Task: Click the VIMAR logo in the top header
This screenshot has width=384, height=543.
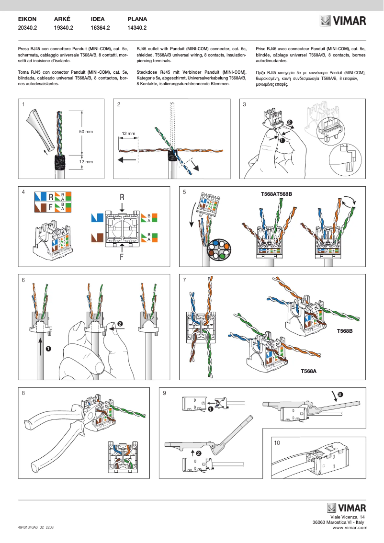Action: [343, 22]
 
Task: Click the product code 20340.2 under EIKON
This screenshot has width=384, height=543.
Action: [27, 28]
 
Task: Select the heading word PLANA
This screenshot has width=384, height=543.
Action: [137, 19]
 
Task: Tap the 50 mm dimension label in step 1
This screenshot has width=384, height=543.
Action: [86, 131]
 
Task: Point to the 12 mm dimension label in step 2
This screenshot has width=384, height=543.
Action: [128, 133]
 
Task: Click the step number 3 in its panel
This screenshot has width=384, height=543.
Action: [245, 104]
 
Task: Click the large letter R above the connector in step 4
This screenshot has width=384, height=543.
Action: [122, 198]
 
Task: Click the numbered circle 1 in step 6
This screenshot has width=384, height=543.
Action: [48, 349]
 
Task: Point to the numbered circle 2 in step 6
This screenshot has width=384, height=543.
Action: [120, 324]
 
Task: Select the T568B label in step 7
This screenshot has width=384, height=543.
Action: [345, 331]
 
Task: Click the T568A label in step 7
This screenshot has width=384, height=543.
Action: [309, 371]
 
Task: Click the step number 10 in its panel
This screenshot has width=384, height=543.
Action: [277, 443]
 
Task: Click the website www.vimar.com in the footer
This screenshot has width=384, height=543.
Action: [350, 527]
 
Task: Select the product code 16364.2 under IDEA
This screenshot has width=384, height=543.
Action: [101, 28]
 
